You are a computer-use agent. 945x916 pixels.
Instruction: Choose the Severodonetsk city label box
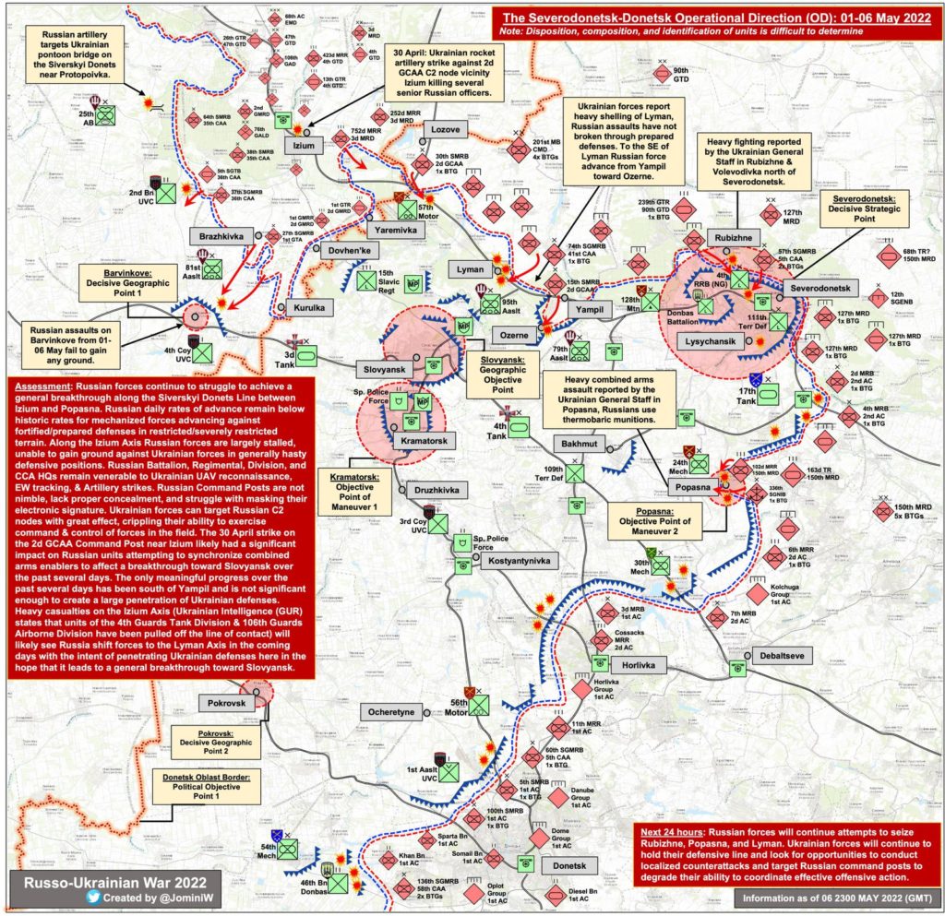pos(824,288)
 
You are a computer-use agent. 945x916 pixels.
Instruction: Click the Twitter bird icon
pos(94,896)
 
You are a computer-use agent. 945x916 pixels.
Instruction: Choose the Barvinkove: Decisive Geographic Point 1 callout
pos(126,279)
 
